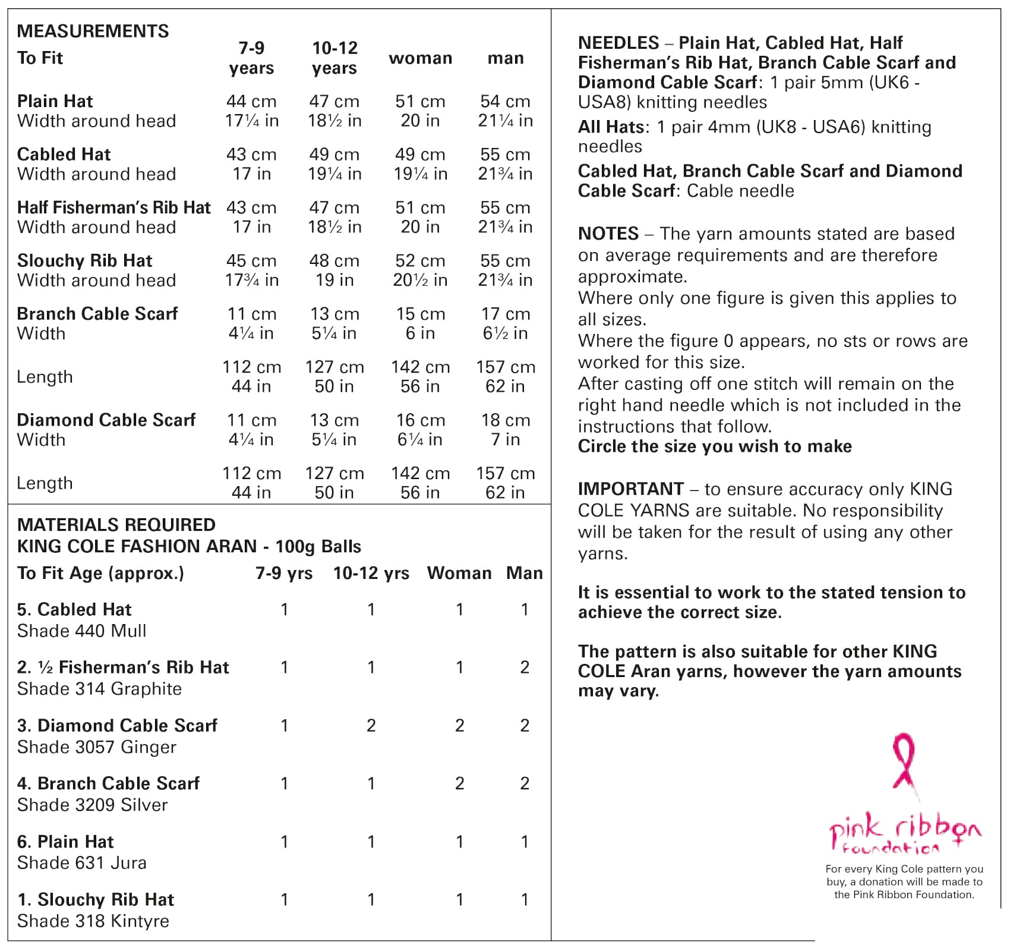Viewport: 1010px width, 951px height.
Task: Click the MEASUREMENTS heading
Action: point(93,31)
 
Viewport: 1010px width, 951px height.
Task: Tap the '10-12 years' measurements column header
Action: point(334,58)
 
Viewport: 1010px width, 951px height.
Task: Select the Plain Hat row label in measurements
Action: point(55,101)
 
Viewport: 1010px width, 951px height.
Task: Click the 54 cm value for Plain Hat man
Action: point(505,101)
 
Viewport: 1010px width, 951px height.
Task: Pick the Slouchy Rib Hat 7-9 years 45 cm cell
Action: point(251,260)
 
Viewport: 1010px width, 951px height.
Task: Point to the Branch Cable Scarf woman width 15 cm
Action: point(420,314)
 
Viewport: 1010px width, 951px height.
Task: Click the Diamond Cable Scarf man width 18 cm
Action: point(505,420)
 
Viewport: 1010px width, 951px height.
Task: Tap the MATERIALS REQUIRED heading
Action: point(116,525)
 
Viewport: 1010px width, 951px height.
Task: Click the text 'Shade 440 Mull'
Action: point(82,631)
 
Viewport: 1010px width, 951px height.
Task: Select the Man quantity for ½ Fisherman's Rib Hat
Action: point(525,667)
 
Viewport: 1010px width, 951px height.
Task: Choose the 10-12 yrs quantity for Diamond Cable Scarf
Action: point(371,725)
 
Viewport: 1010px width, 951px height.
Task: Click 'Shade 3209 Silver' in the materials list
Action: point(93,805)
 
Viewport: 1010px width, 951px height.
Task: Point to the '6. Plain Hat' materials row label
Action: point(65,842)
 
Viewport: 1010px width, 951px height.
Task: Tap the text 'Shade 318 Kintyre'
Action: point(93,921)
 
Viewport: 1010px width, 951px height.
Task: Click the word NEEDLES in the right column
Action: point(618,43)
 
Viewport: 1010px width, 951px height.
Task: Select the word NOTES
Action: point(608,234)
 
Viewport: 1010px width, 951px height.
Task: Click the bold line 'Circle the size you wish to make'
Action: point(715,446)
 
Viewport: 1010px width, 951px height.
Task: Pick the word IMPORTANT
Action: point(631,489)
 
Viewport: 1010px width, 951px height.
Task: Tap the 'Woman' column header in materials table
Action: point(459,573)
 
